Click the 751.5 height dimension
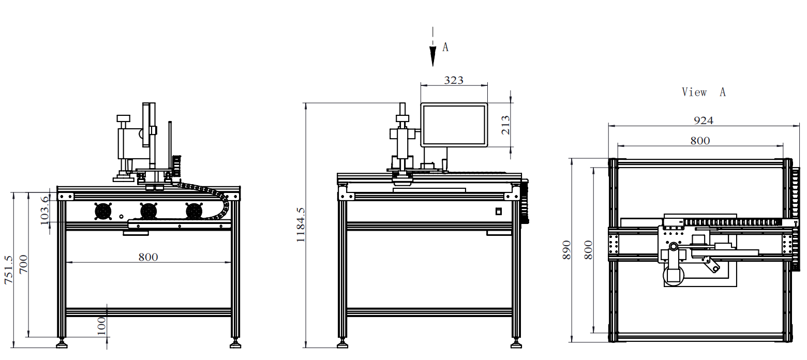pos(8,270)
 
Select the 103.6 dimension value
pos(44,210)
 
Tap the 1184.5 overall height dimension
pos(301,224)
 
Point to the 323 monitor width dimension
pos(454,80)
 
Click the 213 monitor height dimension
pos(505,125)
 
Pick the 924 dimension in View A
pos(703,121)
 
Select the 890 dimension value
pos(566,250)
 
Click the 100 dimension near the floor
pos(102,326)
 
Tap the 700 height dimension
pos(23,264)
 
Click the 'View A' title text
pos(703,92)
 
